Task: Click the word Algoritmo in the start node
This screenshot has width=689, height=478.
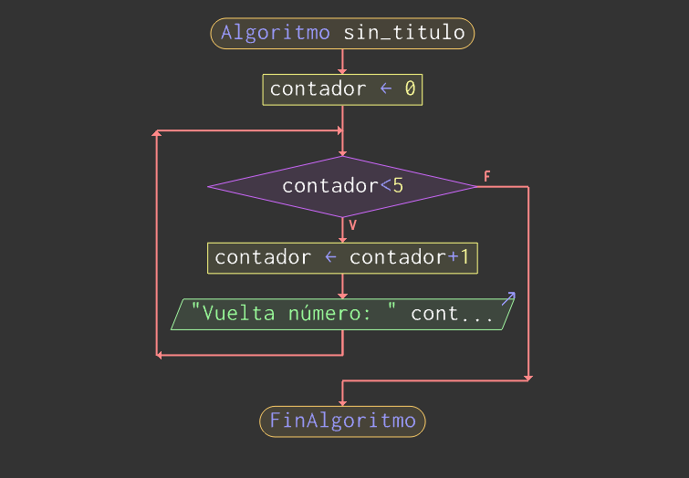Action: click(276, 34)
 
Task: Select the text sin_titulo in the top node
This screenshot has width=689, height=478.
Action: click(403, 34)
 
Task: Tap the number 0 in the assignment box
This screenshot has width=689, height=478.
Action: click(410, 89)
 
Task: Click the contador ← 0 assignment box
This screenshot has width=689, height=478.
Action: click(342, 89)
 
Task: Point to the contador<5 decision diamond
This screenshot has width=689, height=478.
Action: click(342, 186)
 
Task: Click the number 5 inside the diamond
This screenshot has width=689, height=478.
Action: click(398, 186)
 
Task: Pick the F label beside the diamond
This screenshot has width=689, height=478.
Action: click(487, 176)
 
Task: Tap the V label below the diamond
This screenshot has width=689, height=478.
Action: click(352, 224)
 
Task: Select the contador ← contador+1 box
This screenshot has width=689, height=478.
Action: click(342, 258)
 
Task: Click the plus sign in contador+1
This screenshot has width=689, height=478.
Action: click(453, 258)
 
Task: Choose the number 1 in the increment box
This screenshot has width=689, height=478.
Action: click(465, 258)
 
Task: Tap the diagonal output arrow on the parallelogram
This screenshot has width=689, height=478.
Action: click(508, 298)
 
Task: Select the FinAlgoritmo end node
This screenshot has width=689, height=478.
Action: click(342, 421)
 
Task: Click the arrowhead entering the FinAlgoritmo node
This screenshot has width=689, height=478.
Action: click(342, 402)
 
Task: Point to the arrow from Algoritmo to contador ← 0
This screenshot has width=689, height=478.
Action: click(342, 62)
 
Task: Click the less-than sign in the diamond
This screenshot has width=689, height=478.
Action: click(385, 186)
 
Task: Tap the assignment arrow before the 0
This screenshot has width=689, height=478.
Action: click(385, 89)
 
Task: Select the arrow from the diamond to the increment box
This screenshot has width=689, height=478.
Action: click(342, 231)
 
